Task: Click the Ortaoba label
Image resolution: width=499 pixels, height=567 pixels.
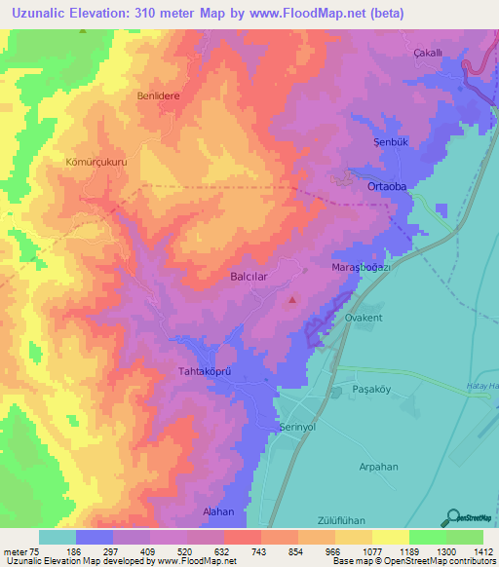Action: [386, 187]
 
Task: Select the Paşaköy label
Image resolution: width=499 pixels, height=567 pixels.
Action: [370, 390]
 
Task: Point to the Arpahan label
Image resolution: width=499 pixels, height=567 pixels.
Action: [381, 467]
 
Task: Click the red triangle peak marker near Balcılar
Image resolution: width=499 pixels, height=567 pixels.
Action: [291, 299]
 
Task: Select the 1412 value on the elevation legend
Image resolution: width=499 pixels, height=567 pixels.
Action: [483, 551]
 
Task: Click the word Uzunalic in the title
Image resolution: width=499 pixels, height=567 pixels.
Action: [48, 14]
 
